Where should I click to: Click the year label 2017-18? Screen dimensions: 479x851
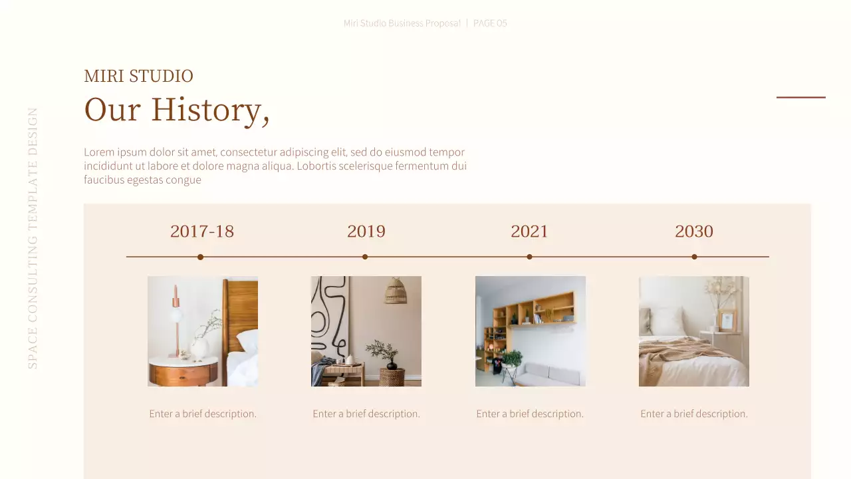(202, 232)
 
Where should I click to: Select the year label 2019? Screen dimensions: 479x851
(366, 232)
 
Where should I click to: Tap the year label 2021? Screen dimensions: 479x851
(529, 232)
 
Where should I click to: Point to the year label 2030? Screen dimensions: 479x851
(693, 232)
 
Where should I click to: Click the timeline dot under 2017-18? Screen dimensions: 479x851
(200, 257)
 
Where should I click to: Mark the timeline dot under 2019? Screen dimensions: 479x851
(365, 257)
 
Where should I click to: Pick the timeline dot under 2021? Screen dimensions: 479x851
(529, 257)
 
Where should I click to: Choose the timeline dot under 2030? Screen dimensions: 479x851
(694, 257)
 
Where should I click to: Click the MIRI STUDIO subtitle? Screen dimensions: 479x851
(138, 77)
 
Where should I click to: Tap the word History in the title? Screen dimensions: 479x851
(205, 110)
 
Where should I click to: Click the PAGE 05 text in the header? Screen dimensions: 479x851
(490, 23)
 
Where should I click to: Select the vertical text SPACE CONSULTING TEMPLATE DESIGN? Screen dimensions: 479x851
(33, 238)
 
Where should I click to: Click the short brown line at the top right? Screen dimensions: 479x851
(800, 97)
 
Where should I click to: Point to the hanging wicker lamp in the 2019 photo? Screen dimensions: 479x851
(395, 291)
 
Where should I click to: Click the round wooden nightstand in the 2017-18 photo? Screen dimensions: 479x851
(183, 371)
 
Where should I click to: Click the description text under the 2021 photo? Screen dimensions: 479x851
(530, 414)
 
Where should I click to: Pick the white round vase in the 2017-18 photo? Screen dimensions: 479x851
(199, 348)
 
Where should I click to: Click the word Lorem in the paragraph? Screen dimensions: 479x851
(98, 152)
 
